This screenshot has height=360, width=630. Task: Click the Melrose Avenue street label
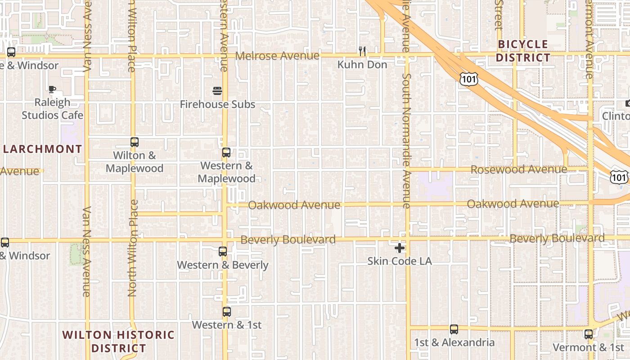coord(277,56)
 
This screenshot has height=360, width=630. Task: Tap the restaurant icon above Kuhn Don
coord(362,51)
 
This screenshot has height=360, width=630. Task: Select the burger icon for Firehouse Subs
coord(217,91)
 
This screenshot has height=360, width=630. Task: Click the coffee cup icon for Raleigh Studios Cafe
coord(52,89)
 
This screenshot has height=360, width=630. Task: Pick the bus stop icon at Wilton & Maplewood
coord(135,142)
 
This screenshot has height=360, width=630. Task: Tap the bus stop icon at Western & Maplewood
coord(226,153)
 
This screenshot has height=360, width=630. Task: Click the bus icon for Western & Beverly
coord(223,252)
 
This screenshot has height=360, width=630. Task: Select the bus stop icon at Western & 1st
coord(227,311)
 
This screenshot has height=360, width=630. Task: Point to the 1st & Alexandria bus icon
coord(454,329)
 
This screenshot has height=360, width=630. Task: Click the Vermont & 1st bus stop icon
coord(589,334)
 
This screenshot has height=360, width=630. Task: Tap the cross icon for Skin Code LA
coord(399,248)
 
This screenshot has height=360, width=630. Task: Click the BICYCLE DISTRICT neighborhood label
coord(523,51)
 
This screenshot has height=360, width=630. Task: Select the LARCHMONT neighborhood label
coord(43,149)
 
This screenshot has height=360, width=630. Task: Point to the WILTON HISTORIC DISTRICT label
coord(118,342)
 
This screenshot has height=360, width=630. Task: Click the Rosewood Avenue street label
coord(518,170)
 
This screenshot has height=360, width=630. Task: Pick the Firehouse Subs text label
coord(217,104)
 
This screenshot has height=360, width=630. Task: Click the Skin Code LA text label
coord(399,261)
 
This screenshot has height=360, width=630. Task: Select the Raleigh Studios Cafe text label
coord(53,109)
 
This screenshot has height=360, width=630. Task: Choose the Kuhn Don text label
coord(362,65)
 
